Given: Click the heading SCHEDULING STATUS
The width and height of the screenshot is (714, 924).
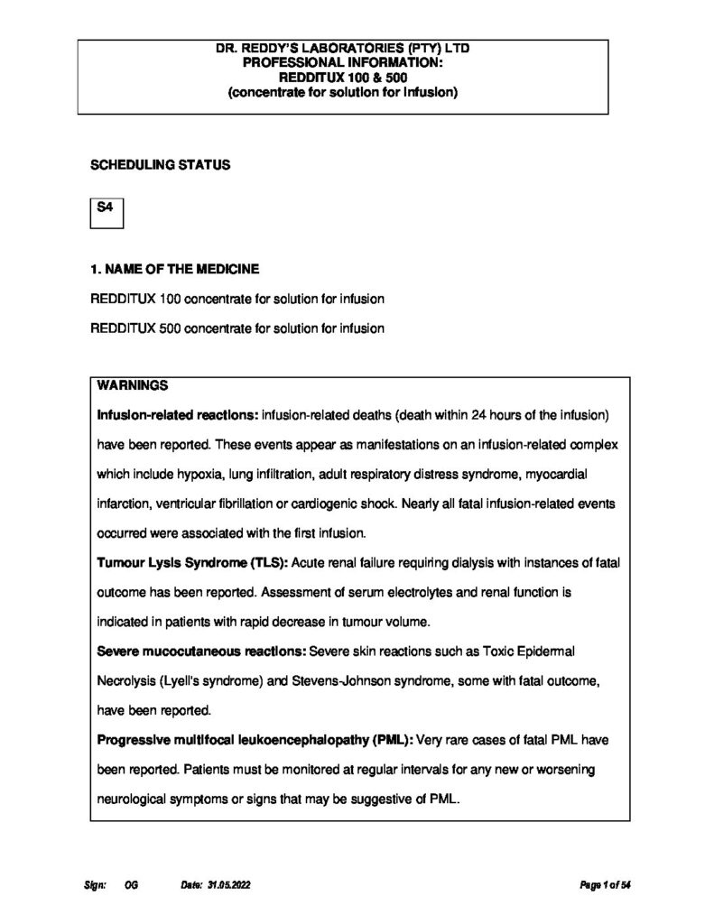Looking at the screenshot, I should pyautogui.click(x=160, y=166).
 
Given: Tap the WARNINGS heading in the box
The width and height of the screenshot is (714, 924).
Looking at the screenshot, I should pyautogui.click(x=133, y=385).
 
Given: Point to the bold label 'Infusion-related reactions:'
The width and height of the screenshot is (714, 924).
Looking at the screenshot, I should pyautogui.click(x=177, y=415).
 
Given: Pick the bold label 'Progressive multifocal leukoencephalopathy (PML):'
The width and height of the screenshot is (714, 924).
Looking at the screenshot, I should pyautogui.click(x=255, y=739).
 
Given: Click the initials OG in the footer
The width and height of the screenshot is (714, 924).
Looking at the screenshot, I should pyautogui.click(x=132, y=886).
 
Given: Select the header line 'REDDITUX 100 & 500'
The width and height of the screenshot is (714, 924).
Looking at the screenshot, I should pyautogui.click(x=343, y=78).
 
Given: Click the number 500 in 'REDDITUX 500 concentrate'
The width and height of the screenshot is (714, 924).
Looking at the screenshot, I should pyautogui.click(x=170, y=328).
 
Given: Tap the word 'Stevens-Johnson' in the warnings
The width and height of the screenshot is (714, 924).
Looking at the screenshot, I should pyautogui.click(x=336, y=680).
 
